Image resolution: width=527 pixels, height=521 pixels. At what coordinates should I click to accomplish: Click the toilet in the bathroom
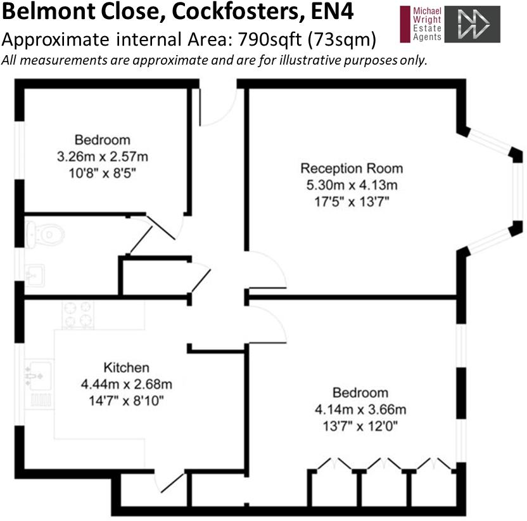45,234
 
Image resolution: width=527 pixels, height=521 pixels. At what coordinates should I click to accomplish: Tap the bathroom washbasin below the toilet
35,276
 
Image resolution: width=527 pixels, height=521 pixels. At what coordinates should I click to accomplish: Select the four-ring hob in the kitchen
78,315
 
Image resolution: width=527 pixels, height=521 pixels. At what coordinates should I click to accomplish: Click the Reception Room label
352,168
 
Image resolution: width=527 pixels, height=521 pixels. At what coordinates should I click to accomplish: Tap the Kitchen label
127,367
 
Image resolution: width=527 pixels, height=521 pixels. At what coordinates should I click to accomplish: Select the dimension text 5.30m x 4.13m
352,185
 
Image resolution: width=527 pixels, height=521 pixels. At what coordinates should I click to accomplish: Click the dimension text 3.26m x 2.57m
103,157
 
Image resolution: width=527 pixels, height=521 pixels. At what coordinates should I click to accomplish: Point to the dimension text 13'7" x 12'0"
360,427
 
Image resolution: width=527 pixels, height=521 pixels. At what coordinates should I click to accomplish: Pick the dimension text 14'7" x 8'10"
127,401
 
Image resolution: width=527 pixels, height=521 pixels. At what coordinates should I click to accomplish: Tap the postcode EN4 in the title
332,12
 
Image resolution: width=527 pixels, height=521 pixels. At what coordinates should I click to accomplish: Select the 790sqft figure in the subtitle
270,40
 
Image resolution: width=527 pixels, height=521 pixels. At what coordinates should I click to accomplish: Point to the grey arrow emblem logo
473,24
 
